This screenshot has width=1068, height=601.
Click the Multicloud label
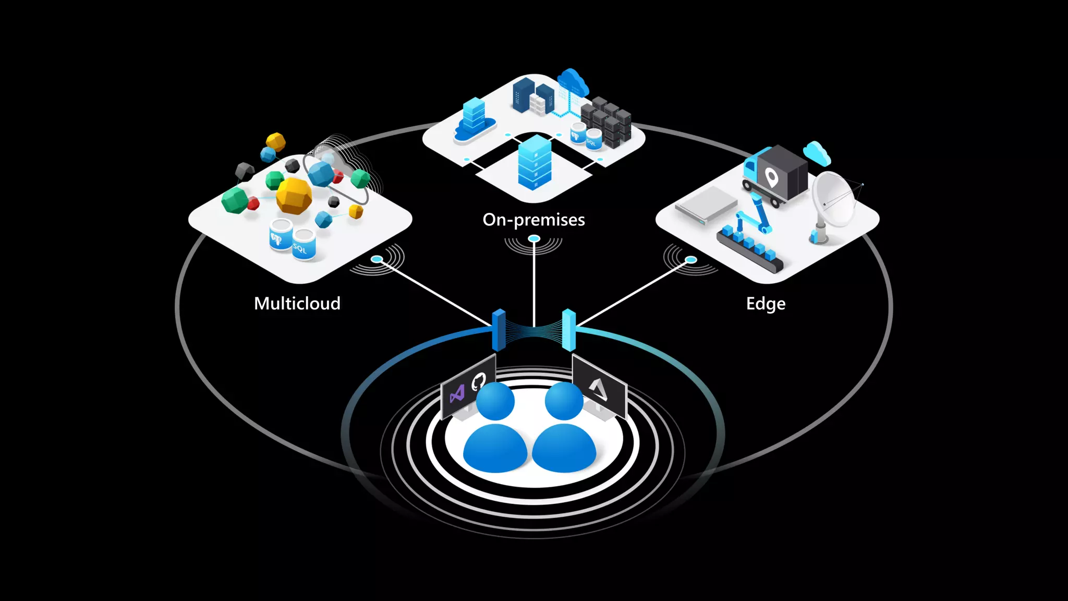297,303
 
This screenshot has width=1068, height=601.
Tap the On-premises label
533,220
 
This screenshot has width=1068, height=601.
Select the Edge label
765,304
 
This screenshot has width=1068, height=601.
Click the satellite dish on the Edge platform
833,201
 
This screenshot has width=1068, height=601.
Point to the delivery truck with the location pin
776,175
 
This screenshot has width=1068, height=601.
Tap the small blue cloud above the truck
816,152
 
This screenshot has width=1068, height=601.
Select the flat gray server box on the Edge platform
706,205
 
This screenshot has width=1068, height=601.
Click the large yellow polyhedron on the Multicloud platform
294,195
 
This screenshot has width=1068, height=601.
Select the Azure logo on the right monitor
598,389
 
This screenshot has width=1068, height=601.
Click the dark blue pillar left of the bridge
499,329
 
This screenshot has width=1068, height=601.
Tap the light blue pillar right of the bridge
568,329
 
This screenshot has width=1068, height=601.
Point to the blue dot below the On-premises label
533,239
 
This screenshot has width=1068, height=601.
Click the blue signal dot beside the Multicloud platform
377,259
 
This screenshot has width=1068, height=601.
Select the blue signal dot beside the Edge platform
691,259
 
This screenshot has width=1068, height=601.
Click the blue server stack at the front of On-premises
535,161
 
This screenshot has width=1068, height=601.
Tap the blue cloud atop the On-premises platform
573,81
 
